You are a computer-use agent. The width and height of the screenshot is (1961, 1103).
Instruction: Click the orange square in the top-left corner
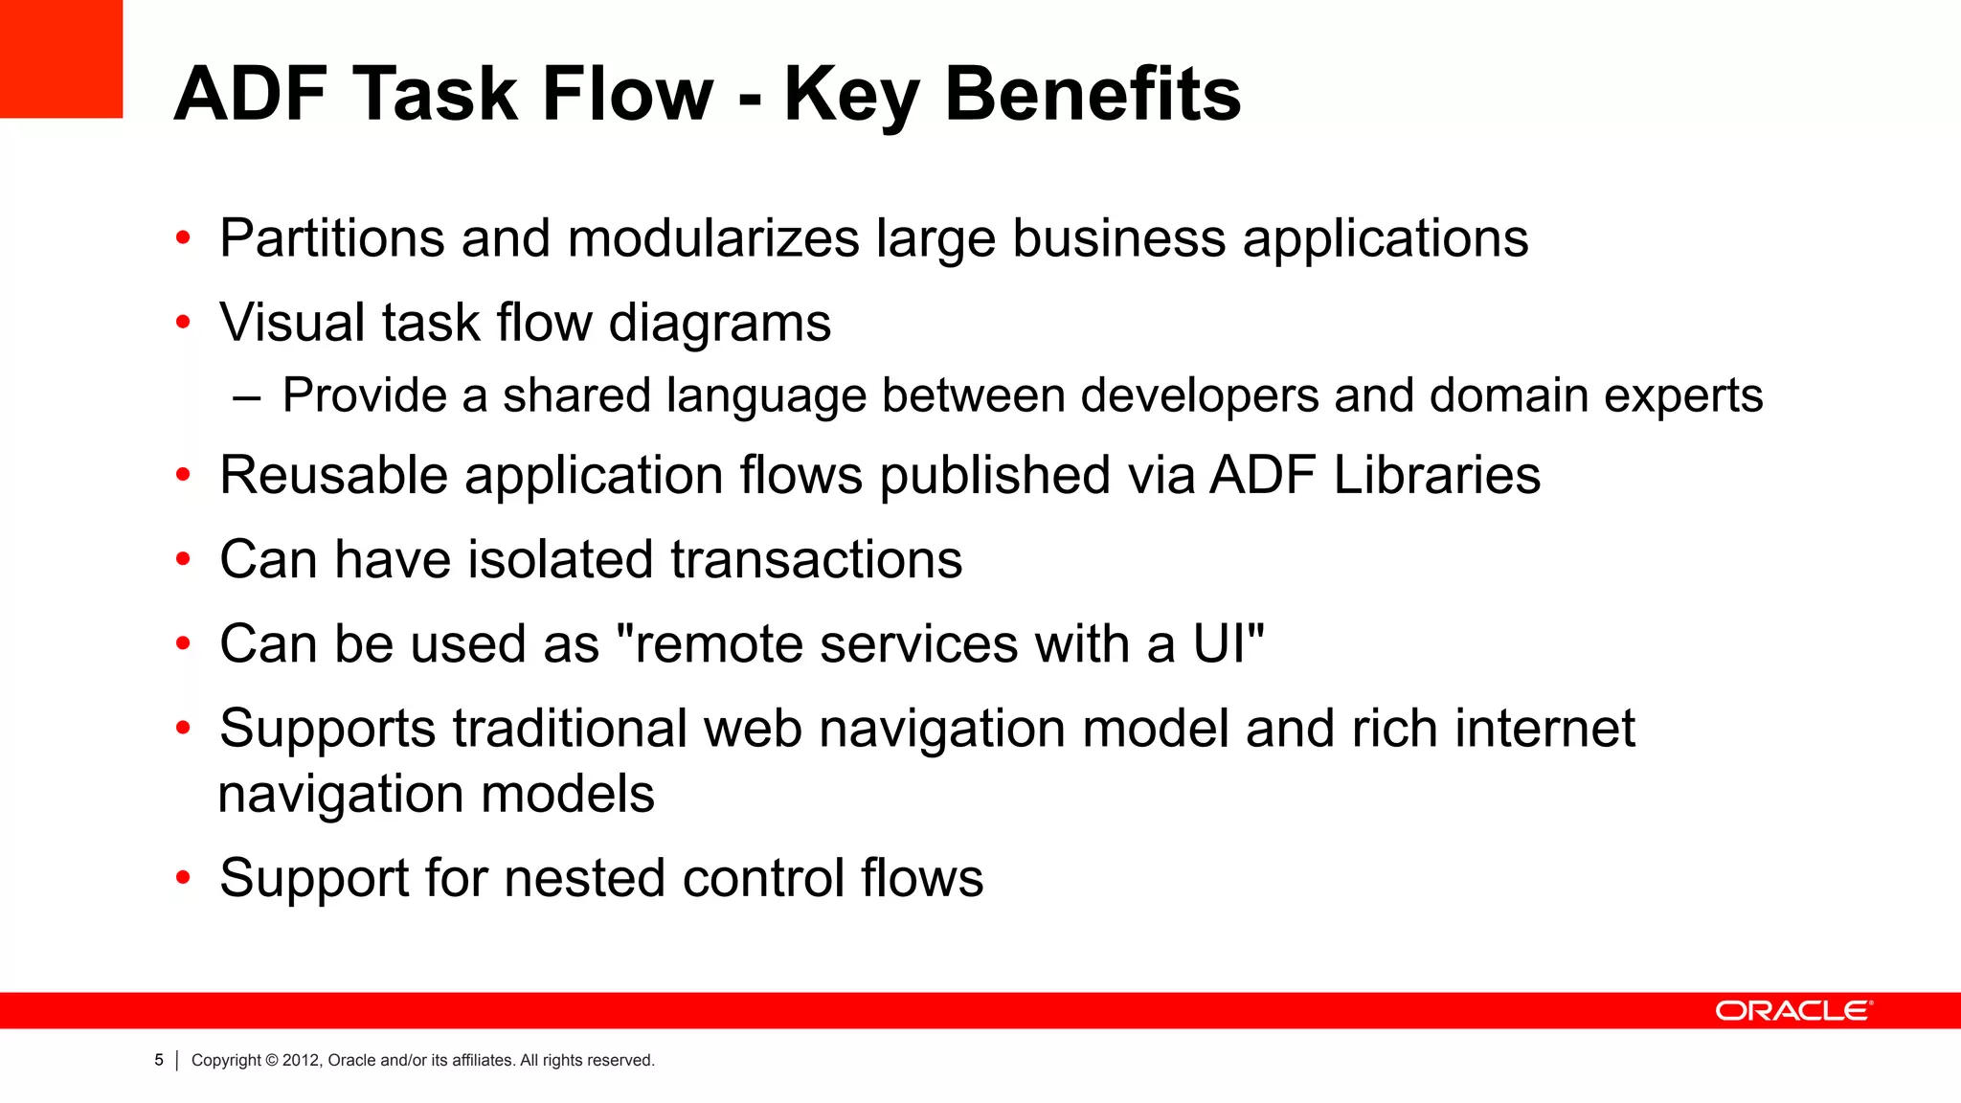click(61, 58)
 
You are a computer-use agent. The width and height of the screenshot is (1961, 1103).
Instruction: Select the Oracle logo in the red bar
click(1793, 1011)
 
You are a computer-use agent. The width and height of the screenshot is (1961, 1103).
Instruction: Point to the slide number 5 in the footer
click(159, 1060)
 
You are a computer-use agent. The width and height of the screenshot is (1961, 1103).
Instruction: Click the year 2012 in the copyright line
click(302, 1060)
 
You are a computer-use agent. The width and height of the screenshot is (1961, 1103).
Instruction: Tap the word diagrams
click(719, 324)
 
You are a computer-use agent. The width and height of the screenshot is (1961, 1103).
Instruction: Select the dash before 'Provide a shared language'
click(246, 396)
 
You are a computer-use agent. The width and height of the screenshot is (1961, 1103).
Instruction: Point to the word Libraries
click(1436, 475)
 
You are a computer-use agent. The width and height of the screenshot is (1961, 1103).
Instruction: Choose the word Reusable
click(333, 475)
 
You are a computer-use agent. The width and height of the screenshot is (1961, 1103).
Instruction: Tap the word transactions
click(816, 559)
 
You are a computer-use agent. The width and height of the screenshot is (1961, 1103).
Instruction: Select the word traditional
click(570, 729)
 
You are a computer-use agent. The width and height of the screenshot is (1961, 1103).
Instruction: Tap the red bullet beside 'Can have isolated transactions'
click(183, 560)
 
